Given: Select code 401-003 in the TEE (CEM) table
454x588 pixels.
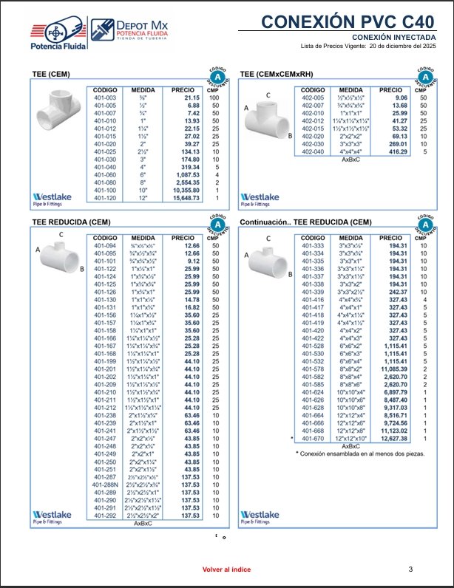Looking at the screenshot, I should (x=106, y=98).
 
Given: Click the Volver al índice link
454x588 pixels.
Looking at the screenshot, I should (x=226, y=570).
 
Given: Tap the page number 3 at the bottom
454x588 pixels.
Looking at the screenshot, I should (x=410, y=569).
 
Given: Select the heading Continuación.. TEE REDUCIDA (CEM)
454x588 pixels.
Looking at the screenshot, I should (x=305, y=222).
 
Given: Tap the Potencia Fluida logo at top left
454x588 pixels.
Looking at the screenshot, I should (x=57, y=35).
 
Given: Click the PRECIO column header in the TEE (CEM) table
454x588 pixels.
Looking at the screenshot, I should (x=183, y=90).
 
